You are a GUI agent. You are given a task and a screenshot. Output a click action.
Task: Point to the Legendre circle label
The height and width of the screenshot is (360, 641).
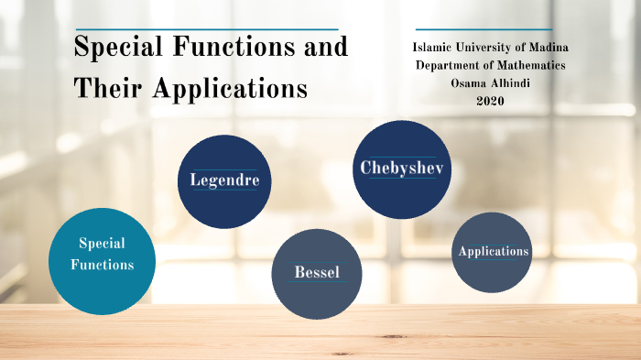pyautogui.click(x=224, y=180)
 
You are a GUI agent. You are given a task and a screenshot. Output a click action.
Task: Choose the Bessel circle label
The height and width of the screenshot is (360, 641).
pyautogui.click(x=317, y=273)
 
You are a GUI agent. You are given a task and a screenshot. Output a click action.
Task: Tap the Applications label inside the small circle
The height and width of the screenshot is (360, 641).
pyautogui.click(x=494, y=251)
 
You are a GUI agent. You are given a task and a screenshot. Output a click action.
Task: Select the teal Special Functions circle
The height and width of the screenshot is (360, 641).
pyautogui.click(x=102, y=262)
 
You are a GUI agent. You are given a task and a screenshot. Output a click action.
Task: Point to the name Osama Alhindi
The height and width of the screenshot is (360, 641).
pyautogui.click(x=490, y=83)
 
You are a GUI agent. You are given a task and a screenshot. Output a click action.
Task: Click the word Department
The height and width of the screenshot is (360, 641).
pyautogui.click(x=449, y=65)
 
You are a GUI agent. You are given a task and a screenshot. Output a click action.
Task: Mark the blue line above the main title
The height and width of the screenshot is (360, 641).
pyautogui.click(x=206, y=29)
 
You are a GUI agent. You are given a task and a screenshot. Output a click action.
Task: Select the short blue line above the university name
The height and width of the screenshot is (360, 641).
pyautogui.click(x=483, y=29)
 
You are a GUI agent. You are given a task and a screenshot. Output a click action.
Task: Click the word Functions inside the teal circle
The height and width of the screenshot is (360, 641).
pyautogui.click(x=102, y=265)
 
